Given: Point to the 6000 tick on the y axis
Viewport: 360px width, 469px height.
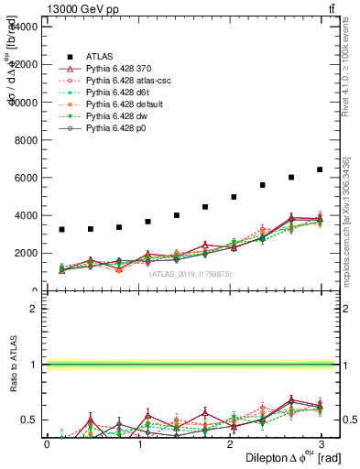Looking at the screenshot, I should pyautogui.click(x=26, y=178).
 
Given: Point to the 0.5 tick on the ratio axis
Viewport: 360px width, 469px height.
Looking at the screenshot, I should pyautogui.click(x=28, y=420).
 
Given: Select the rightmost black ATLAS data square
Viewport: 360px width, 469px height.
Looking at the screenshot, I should pyautogui.click(x=320, y=169).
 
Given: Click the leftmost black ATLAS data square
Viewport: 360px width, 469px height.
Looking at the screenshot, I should pyautogui.click(x=61, y=229).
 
